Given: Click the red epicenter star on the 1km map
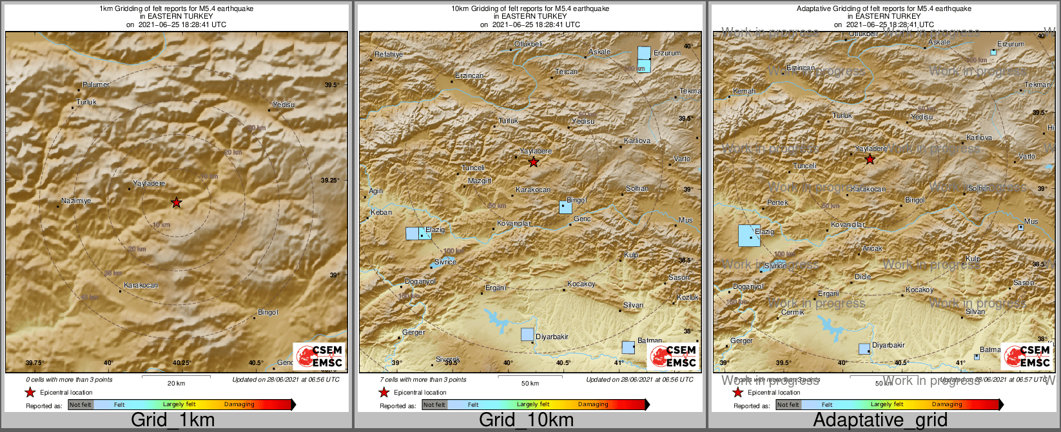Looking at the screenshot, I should coord(176,202).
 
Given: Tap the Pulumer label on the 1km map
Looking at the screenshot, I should coord(96,84).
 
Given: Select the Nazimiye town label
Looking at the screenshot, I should coord(76,201).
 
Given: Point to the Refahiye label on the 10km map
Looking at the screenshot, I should coord(389,55).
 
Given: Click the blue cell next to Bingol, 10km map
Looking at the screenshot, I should coord(565,208).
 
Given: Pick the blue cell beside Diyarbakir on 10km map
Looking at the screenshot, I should coord(527,334).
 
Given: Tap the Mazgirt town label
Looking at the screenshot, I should coord(480,181).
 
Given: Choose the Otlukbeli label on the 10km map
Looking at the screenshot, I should coord(529,44).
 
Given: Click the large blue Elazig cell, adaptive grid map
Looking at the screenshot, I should coord(748,235).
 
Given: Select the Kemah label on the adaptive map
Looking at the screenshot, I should coord(744,92).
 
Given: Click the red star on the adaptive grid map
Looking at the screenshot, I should coord(870,159).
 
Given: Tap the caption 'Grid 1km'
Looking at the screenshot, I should coord(173,420).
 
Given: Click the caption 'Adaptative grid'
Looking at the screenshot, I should coord(880,420).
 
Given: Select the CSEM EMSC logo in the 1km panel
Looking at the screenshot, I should coord(319,356).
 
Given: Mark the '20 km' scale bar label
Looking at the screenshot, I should coord(176,383).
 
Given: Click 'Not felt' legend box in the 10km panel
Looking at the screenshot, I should coord(434,405).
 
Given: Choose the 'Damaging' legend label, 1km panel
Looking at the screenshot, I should coord(239,404).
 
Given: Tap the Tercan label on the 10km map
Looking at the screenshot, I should coord(567,72).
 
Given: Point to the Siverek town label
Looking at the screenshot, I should coord(448,359).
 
